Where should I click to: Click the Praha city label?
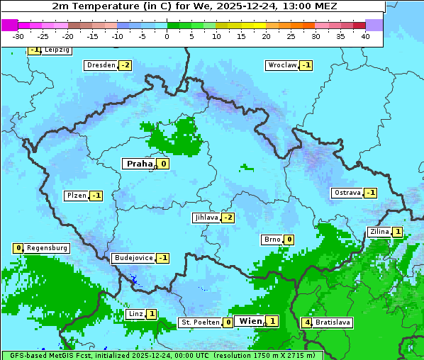pyautogui.click(x=139, y=164)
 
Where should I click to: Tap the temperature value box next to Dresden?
pyautogui.click(x=125, y=65)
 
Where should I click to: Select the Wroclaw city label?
pyautogui.click(x=281, y=65)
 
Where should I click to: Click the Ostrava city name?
pyautogui.click(x=347, y=193)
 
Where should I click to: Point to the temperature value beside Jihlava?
pyautogui.click(x=228, y=218)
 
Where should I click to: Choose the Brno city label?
pyautogui.click(x=272, y=240)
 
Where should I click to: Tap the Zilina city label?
pyautogui.click(x=379, y=232)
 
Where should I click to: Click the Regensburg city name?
pyautogui.click(x=47, y=248)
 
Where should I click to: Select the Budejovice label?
pyautogui.click(x=133, y=258)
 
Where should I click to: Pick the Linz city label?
pyautogui.click(x=135, y=314)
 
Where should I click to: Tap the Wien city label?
pyautogui.click(x=250, y=321)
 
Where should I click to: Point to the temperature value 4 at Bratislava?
pyautogui.click(x=306, y=322)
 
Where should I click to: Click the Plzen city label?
pyautogui.click(x=76, y=196)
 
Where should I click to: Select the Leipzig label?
pyautogui.click(x=57, y=50)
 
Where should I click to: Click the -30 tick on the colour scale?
pyautogui.click(x=18, y=36)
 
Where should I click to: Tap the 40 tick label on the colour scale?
pyautogui.click(x=365, y=36)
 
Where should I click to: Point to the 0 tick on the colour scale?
pyautogui.click(x=167, y=36)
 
